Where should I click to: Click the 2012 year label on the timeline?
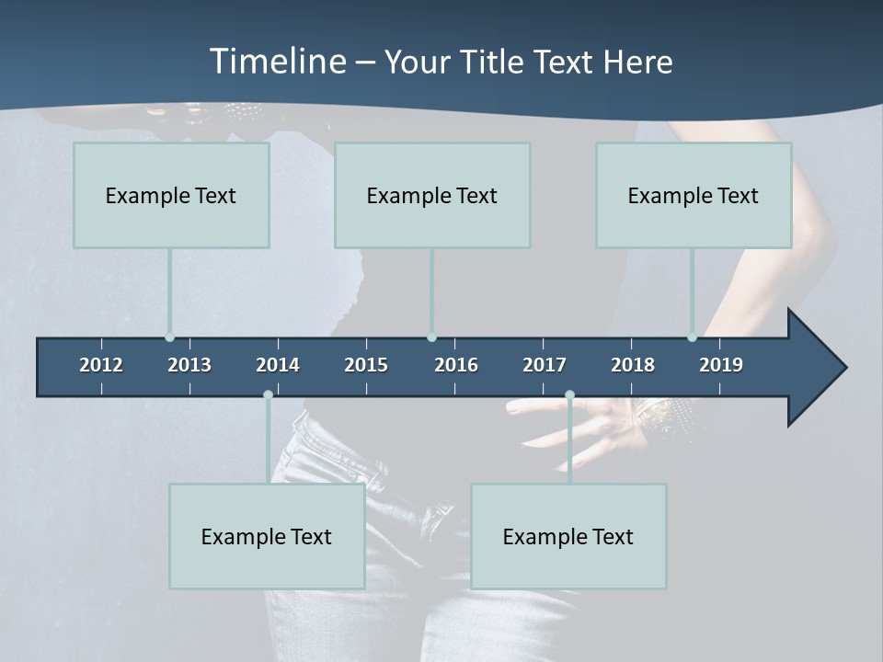101,365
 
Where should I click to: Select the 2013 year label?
189,365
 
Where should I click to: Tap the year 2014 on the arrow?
278,365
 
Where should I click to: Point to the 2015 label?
366,365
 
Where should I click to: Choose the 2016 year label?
456,365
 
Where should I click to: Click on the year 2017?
545,365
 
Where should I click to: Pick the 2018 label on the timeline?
633,365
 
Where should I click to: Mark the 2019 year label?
721,365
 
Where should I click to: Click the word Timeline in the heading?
277,62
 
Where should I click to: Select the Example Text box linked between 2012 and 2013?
171,195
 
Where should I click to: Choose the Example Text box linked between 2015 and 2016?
432,195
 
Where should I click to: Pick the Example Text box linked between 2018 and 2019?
694,195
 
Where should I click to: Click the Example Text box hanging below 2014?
267,536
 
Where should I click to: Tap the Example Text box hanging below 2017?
568,536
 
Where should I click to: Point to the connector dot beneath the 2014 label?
268,394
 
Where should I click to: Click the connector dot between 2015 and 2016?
431,337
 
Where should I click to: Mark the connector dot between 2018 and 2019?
692,337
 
